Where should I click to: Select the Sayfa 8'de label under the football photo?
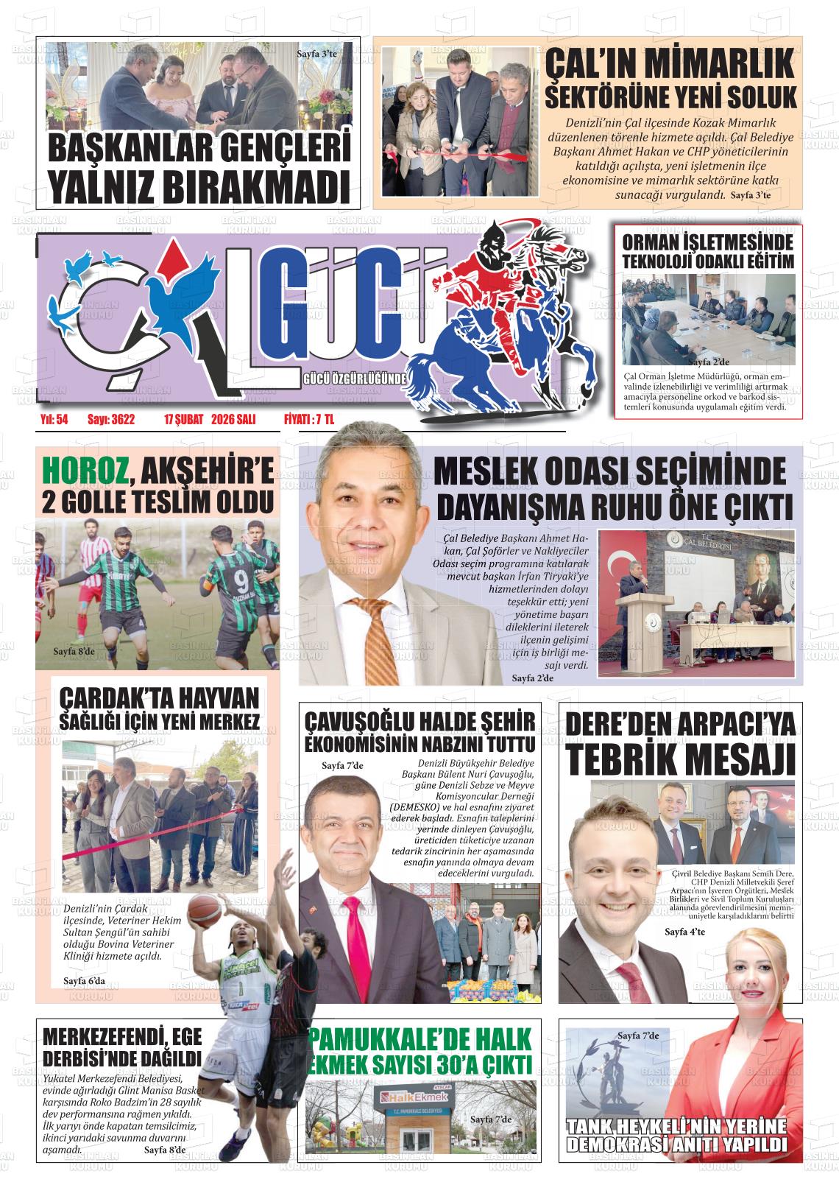click(75, 651)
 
